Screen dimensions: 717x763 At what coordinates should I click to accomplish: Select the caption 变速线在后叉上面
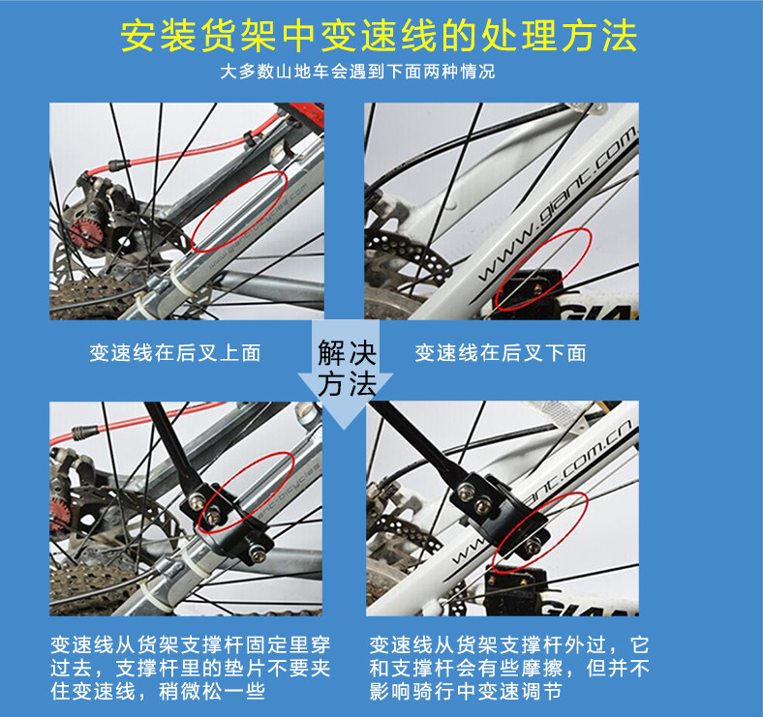click(x=175, y=353)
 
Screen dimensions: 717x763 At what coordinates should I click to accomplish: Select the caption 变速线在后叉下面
click(x=500, y=353)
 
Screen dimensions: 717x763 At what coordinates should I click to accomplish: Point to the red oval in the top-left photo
click(x=240, y=212)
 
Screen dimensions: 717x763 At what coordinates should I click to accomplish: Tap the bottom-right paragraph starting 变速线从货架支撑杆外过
click(x=508, y=668)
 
